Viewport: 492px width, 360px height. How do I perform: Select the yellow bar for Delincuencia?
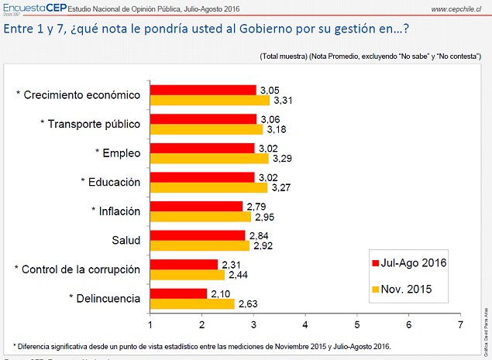[192, 303]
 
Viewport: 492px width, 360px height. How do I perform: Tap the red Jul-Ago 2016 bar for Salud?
[198, 235]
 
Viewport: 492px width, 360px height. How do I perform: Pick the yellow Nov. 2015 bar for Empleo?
[209, 158]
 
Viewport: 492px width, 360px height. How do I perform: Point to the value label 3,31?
[281, 100]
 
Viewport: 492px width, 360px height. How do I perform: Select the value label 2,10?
[219, 293]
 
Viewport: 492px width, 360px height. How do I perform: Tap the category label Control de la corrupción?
[77, 269]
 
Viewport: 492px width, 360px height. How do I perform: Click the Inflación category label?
[115, 211]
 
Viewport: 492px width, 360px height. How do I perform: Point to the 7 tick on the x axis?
[461, 324]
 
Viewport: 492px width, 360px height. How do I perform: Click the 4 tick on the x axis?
[305, 324]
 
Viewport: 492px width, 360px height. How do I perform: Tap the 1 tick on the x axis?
[150, 324]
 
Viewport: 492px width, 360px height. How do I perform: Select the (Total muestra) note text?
[284, 57]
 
